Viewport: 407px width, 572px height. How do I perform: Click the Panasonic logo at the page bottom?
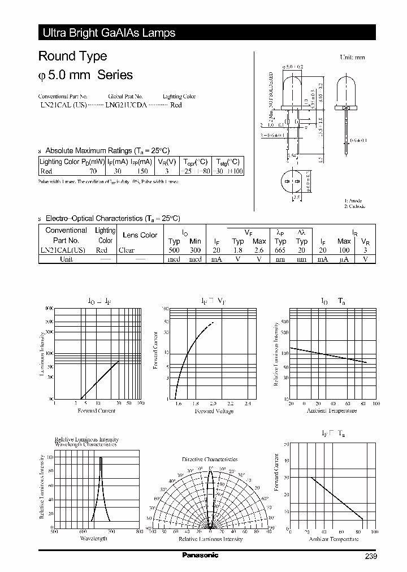200,555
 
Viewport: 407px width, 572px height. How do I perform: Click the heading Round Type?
72,56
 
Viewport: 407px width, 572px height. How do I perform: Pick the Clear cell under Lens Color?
127,250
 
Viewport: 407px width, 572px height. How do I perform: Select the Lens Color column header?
140,235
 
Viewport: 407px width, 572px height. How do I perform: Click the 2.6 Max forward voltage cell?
259,250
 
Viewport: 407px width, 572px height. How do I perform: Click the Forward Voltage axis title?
214,411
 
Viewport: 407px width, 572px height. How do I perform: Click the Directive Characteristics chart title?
210,460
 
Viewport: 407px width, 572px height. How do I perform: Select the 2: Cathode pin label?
355,207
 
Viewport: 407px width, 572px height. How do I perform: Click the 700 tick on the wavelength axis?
111,532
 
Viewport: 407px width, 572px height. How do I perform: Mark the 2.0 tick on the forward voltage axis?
213,404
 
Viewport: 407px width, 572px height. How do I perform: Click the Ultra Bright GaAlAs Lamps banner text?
109,33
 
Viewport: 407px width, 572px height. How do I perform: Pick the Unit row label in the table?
66,259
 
